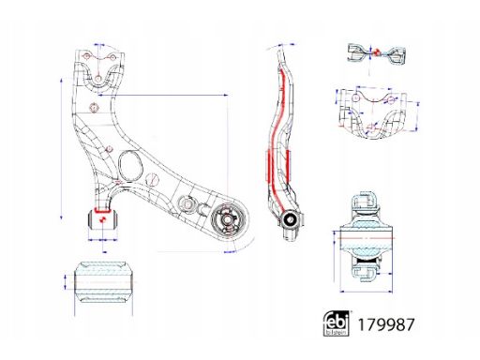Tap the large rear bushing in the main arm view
(226, 222)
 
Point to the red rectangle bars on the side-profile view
(289, 164)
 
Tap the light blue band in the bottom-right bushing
(365, 243)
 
